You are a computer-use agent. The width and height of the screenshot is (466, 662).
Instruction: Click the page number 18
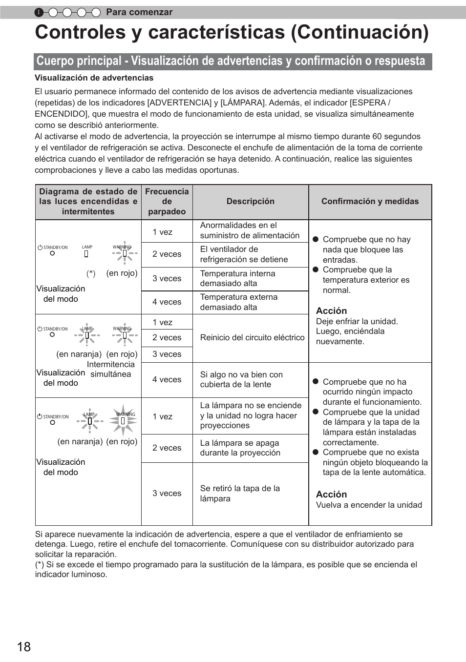coord(23,647)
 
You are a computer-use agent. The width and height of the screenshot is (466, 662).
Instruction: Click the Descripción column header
coord(250,202)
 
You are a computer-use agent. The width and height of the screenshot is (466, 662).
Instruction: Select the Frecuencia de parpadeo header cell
coord(167,202)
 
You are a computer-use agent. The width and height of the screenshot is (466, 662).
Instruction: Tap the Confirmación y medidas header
coord(370,202)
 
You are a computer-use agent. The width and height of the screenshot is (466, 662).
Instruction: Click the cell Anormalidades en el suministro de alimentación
coord(250,230)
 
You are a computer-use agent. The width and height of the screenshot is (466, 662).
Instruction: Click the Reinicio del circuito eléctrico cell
coord(252,338)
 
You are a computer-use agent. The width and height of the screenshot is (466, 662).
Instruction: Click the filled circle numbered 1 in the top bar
coord(39,12)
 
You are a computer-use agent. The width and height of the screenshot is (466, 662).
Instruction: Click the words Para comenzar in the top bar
coord(139,12)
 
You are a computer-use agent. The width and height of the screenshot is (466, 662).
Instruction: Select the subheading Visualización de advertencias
coord(94,78)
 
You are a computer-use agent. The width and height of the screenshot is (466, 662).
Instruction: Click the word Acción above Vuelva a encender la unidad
coord(331,495)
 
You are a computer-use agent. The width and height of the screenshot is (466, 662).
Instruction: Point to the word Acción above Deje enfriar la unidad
coord(331,311)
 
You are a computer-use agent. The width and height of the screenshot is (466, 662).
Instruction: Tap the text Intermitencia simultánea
coord(110,370)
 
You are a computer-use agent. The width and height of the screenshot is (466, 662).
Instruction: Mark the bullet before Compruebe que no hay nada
coord(316,239)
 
